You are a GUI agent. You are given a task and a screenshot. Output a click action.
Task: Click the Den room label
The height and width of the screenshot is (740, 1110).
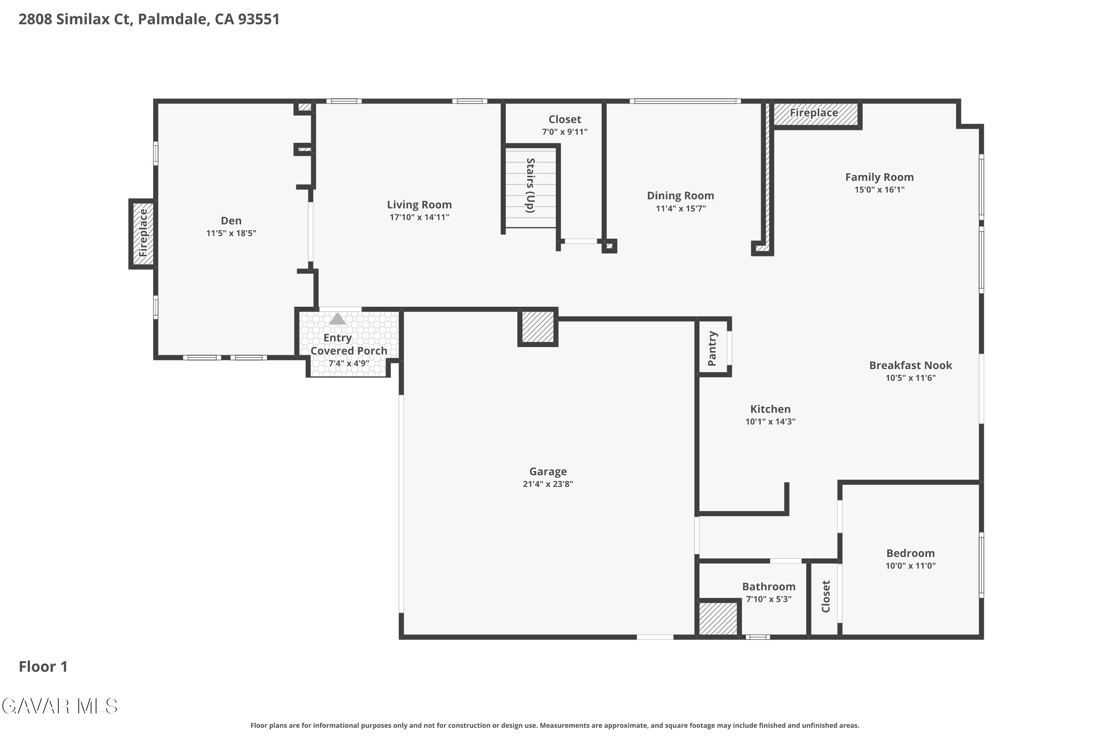click(231, 221)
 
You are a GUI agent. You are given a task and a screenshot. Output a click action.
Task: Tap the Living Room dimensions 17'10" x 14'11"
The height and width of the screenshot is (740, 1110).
click(419, 217)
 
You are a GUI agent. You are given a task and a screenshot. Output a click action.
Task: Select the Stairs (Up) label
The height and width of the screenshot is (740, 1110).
click(531, 185)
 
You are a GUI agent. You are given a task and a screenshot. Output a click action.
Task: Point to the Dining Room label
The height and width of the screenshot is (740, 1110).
click(680, 196)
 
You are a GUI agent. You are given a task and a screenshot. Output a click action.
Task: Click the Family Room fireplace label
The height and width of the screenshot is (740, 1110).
click(814, 113)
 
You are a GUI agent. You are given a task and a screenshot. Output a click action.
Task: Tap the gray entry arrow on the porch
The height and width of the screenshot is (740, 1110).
click(337, 319)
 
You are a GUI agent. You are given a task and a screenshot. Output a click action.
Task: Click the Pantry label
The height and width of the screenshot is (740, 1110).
click(712, 348)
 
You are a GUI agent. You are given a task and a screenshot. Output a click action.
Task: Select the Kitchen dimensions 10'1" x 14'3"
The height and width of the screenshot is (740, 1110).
click(770, 421)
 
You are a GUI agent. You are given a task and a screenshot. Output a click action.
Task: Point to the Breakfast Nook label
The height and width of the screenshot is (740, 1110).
click(910, 365)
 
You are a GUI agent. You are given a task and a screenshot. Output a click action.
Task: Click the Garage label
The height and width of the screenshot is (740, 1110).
click(548, 471)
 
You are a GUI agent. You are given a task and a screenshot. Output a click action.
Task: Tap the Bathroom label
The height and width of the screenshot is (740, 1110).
click(769, 586)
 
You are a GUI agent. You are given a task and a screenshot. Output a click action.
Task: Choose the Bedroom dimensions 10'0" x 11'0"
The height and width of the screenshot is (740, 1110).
click(910, 565)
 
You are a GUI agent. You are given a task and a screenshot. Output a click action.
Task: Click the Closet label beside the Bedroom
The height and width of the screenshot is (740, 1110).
click(825, 596)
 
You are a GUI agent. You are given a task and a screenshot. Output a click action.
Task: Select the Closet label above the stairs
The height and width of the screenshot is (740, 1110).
click(565, 120)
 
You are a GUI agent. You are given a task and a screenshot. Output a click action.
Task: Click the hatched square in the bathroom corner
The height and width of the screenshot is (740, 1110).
click(718, 618)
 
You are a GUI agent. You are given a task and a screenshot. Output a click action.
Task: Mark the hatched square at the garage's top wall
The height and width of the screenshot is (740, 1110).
click(538, 327)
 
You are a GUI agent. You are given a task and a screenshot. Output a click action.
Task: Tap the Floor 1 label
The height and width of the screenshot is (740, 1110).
click(43, 666)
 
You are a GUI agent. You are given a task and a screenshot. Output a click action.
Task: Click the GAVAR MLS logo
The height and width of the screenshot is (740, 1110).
click(60, 706)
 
